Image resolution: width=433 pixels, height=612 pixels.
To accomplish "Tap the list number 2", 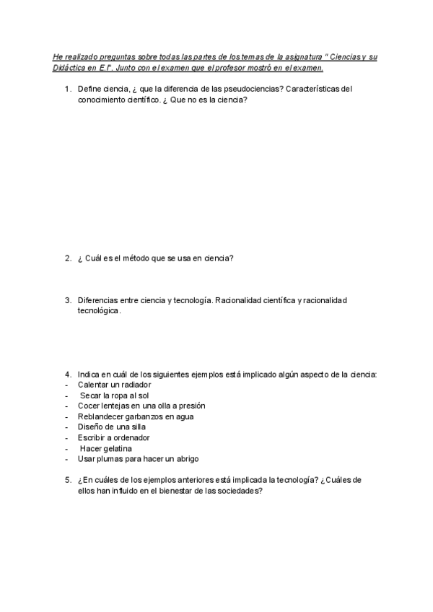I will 67,258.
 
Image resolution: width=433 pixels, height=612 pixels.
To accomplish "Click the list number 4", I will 67,374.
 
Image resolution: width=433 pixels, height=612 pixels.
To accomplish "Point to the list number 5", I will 67,480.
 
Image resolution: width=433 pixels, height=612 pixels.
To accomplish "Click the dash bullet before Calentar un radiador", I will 66,385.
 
